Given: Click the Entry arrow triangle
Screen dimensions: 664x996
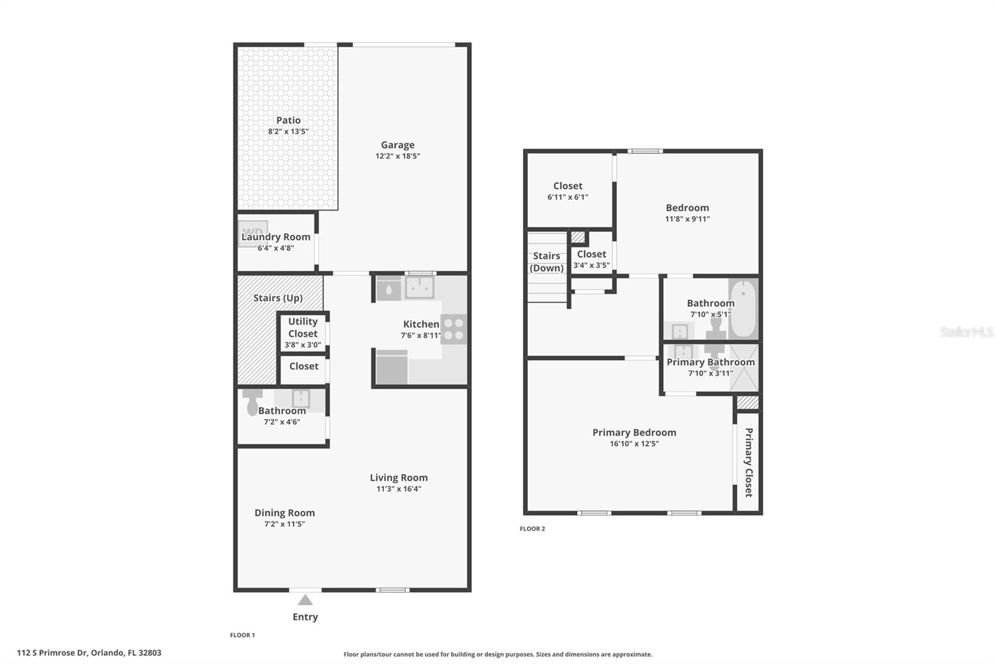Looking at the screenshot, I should (305, 600).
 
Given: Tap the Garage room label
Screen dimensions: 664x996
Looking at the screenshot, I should (398, 145).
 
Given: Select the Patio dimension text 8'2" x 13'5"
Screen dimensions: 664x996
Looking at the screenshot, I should (288, 131).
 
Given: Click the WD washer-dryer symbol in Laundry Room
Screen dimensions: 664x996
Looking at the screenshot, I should (253, 232).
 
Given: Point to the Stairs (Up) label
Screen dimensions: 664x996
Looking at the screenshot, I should (278, 298).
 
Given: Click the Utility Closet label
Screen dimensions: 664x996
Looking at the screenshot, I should (303, 328).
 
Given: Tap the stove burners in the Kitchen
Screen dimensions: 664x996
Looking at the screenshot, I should (454, 330).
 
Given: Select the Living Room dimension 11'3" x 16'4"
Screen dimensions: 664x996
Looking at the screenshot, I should (398, 489).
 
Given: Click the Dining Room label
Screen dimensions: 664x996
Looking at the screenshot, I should (284, 513).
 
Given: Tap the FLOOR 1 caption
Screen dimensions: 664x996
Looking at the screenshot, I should (243, 635).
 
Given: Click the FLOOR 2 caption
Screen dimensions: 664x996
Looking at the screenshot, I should (532, 529).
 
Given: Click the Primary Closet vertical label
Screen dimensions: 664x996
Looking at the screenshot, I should (748, 462).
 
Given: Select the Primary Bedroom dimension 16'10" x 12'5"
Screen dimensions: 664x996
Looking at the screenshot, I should (634, 443).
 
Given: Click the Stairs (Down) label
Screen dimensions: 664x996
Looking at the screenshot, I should (547, 262).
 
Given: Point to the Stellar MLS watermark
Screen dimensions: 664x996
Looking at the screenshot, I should (966, 332).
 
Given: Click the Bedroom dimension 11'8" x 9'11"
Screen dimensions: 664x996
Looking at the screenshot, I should (687, 219).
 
